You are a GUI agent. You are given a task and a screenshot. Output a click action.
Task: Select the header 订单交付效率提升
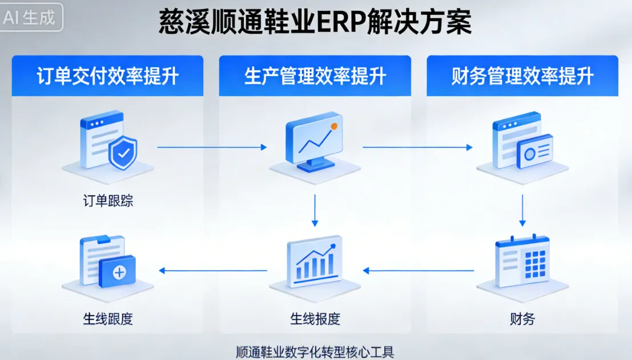coord(107,76)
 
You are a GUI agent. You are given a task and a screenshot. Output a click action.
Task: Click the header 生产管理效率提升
coord(315,76)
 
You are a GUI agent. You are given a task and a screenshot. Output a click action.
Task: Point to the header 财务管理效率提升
coord(522,76)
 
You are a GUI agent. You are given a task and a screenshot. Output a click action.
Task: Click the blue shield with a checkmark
coord(123,152)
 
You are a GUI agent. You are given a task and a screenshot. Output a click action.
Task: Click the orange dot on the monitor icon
coord(334,126)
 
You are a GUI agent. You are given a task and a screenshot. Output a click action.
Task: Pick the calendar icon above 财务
coord(522,261)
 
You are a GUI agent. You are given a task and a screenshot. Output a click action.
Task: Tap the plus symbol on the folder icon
coord(119,273)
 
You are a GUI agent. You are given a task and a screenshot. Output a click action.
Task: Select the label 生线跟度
coord(108,318)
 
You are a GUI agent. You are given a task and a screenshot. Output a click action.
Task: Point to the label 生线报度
coord(315,318)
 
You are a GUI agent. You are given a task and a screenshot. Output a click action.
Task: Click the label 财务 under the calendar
coord(522,318)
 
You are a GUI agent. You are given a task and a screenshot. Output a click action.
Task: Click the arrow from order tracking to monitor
coord(212,147)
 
